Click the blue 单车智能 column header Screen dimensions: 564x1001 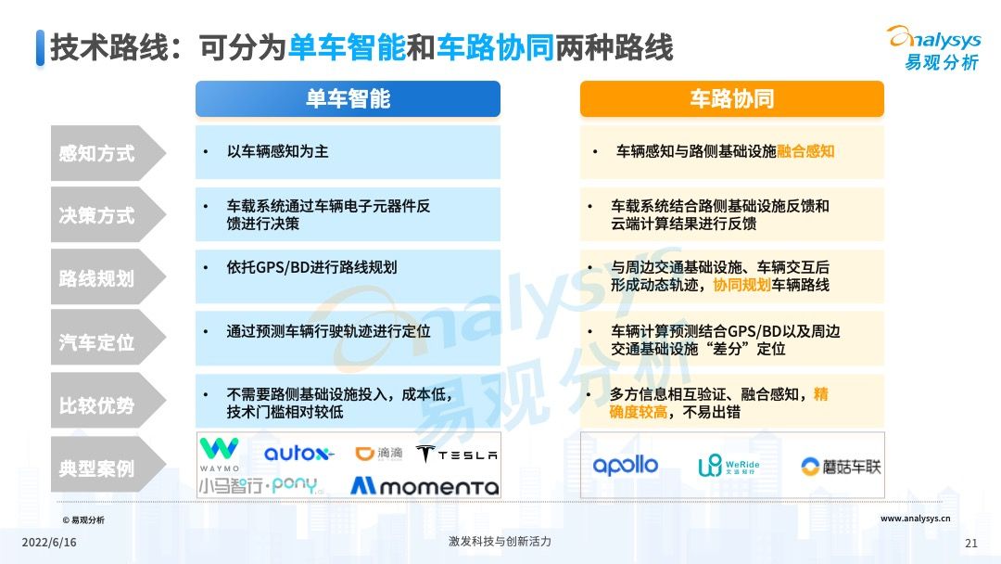348,99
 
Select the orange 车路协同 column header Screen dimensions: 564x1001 731,99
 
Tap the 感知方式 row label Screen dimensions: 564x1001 97,153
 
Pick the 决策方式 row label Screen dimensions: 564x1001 97,215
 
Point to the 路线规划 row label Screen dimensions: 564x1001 97,278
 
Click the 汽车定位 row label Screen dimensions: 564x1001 97,342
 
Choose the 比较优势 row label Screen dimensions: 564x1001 97,405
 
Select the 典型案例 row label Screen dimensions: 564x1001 97,468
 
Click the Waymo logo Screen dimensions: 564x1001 219,453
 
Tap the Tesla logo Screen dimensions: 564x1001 457,454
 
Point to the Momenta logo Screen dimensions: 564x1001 424,485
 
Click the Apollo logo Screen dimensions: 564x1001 626,466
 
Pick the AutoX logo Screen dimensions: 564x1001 298,454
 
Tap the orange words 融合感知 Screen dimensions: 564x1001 805,151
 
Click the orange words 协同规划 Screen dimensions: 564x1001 741,286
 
